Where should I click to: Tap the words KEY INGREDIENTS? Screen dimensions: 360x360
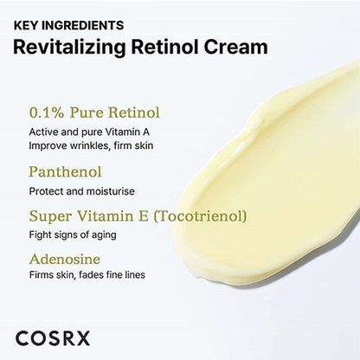point(68,25)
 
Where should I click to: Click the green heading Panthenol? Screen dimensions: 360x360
point(64,171)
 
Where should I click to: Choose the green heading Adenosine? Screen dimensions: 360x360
point(64,258)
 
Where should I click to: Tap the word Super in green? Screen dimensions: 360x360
point(49,215)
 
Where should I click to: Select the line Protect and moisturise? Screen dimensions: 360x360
point(81,190)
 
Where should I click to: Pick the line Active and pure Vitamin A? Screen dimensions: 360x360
point(91,132)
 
